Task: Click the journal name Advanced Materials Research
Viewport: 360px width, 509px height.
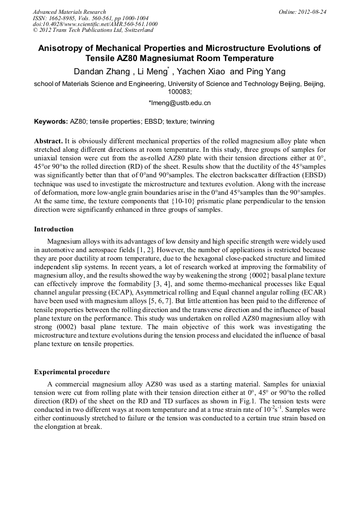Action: tap(69, 12)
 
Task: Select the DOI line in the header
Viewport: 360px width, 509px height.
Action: tap(95, 24)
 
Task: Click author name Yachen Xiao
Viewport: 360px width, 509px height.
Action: tap(201, 72)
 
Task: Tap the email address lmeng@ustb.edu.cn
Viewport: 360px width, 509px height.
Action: tap(181, 103)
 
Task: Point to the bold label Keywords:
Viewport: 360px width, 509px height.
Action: tap(51, 122)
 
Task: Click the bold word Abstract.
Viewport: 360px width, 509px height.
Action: tap(48, 142)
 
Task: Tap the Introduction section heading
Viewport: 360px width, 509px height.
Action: tap(54, 229)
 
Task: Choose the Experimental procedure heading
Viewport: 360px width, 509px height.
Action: tap(72, 372)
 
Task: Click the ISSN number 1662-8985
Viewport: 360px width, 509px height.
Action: tap(63, 18)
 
